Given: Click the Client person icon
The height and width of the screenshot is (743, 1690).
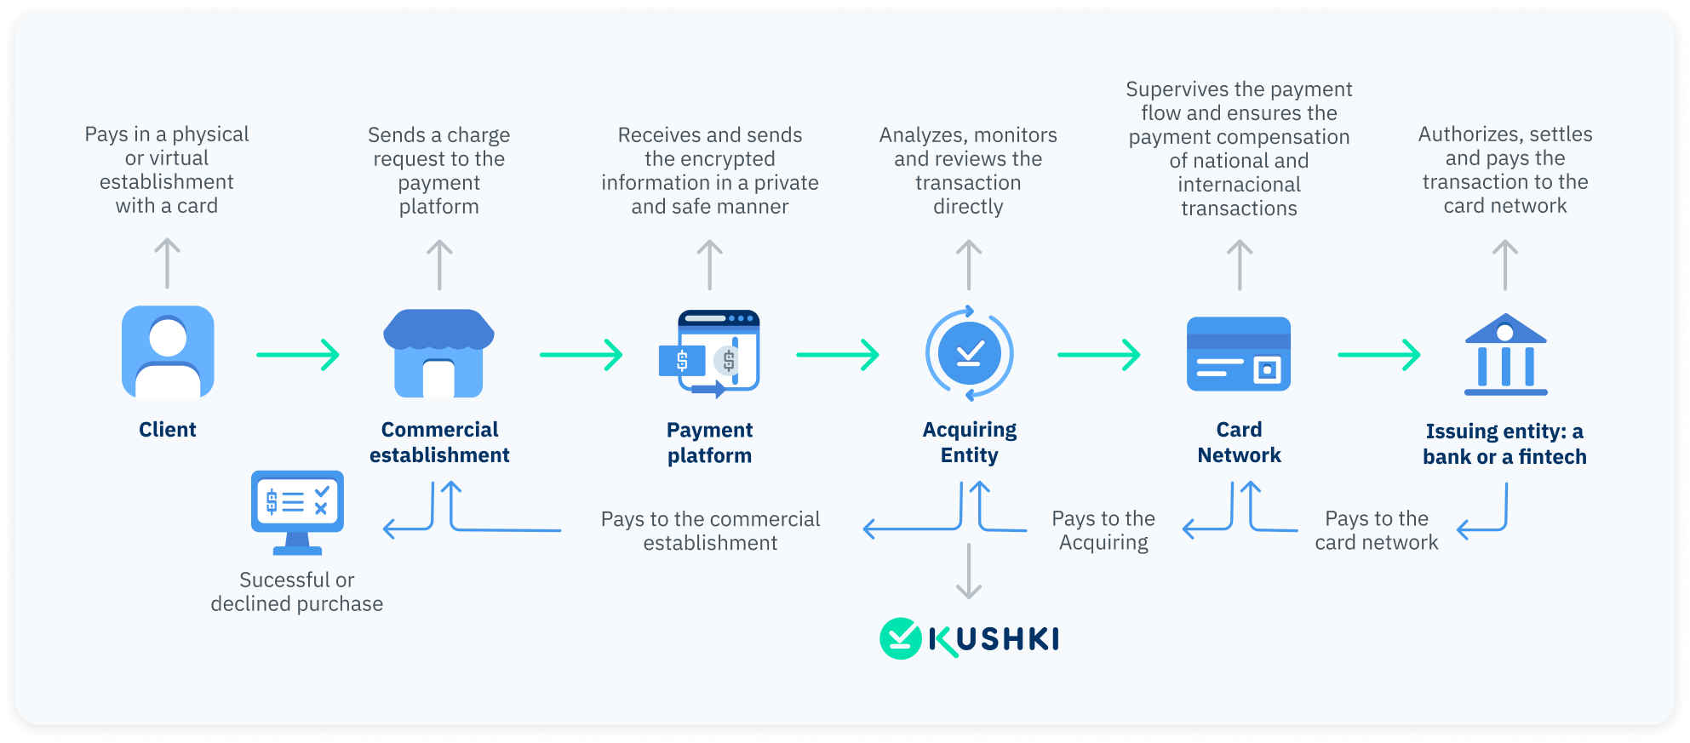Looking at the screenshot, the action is tap(168, 351).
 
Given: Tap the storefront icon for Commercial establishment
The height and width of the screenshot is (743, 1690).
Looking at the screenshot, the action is tap(438, 353).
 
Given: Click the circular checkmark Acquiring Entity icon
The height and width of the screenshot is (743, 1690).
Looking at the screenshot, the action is tap(969, 353).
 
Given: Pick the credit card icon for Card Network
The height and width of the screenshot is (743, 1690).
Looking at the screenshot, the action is tap(1239, 354).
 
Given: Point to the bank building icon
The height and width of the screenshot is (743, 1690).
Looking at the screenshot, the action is tap(1505, 354).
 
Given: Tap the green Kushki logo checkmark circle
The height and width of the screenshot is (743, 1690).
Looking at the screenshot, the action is tap(901, 638).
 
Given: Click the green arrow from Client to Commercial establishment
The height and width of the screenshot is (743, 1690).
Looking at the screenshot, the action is tap(298, 355).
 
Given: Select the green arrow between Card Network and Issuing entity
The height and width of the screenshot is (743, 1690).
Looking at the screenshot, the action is tap(1379, 355).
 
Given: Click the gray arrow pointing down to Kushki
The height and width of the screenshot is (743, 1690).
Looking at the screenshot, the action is tap(969, 571).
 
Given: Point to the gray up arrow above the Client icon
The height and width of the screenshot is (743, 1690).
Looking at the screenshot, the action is tap(167, 263).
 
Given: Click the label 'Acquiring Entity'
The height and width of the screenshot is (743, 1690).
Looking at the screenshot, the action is tap(970, 443).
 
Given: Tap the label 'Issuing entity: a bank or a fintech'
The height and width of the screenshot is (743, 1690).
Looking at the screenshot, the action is tap(1504, 444).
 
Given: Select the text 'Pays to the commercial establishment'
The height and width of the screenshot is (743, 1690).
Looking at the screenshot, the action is tap(711, 531).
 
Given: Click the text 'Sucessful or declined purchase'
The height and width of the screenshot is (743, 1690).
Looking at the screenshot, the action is tap(297, 592).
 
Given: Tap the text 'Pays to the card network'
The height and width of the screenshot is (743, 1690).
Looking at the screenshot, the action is tap(1377, 531).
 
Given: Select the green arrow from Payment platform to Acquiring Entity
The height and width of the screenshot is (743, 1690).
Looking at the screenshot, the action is tap(838, 355).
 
